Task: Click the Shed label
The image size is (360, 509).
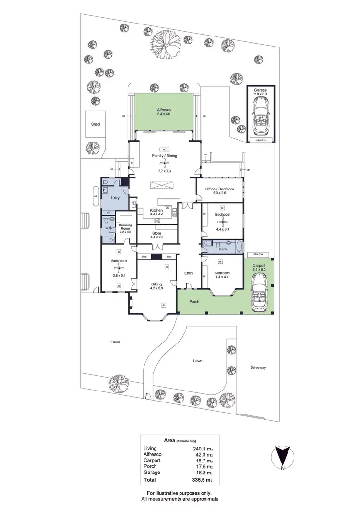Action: coord(96,124)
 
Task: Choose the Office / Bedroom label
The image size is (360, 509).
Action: coord(219,189)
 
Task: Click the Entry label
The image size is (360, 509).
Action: coord(189,273)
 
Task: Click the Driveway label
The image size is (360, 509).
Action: coord(258,367)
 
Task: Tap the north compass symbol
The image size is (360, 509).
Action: coord(283,456)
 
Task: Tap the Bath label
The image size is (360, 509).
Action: coord(222,249)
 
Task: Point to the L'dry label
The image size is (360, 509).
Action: coord(115,198)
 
